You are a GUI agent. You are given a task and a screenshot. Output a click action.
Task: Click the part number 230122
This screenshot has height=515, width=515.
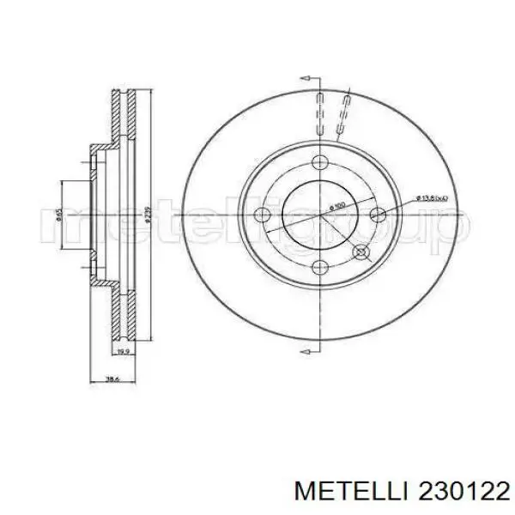point(457,490)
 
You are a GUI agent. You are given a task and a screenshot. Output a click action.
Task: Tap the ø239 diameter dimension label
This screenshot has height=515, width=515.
point(148,212)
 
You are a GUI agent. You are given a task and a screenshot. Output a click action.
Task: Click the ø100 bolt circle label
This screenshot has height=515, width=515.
point(336,207)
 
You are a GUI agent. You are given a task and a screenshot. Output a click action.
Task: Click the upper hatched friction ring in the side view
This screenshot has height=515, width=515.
point(125,116)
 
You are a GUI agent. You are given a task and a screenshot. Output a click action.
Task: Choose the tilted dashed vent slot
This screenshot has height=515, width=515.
point(344,115)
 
